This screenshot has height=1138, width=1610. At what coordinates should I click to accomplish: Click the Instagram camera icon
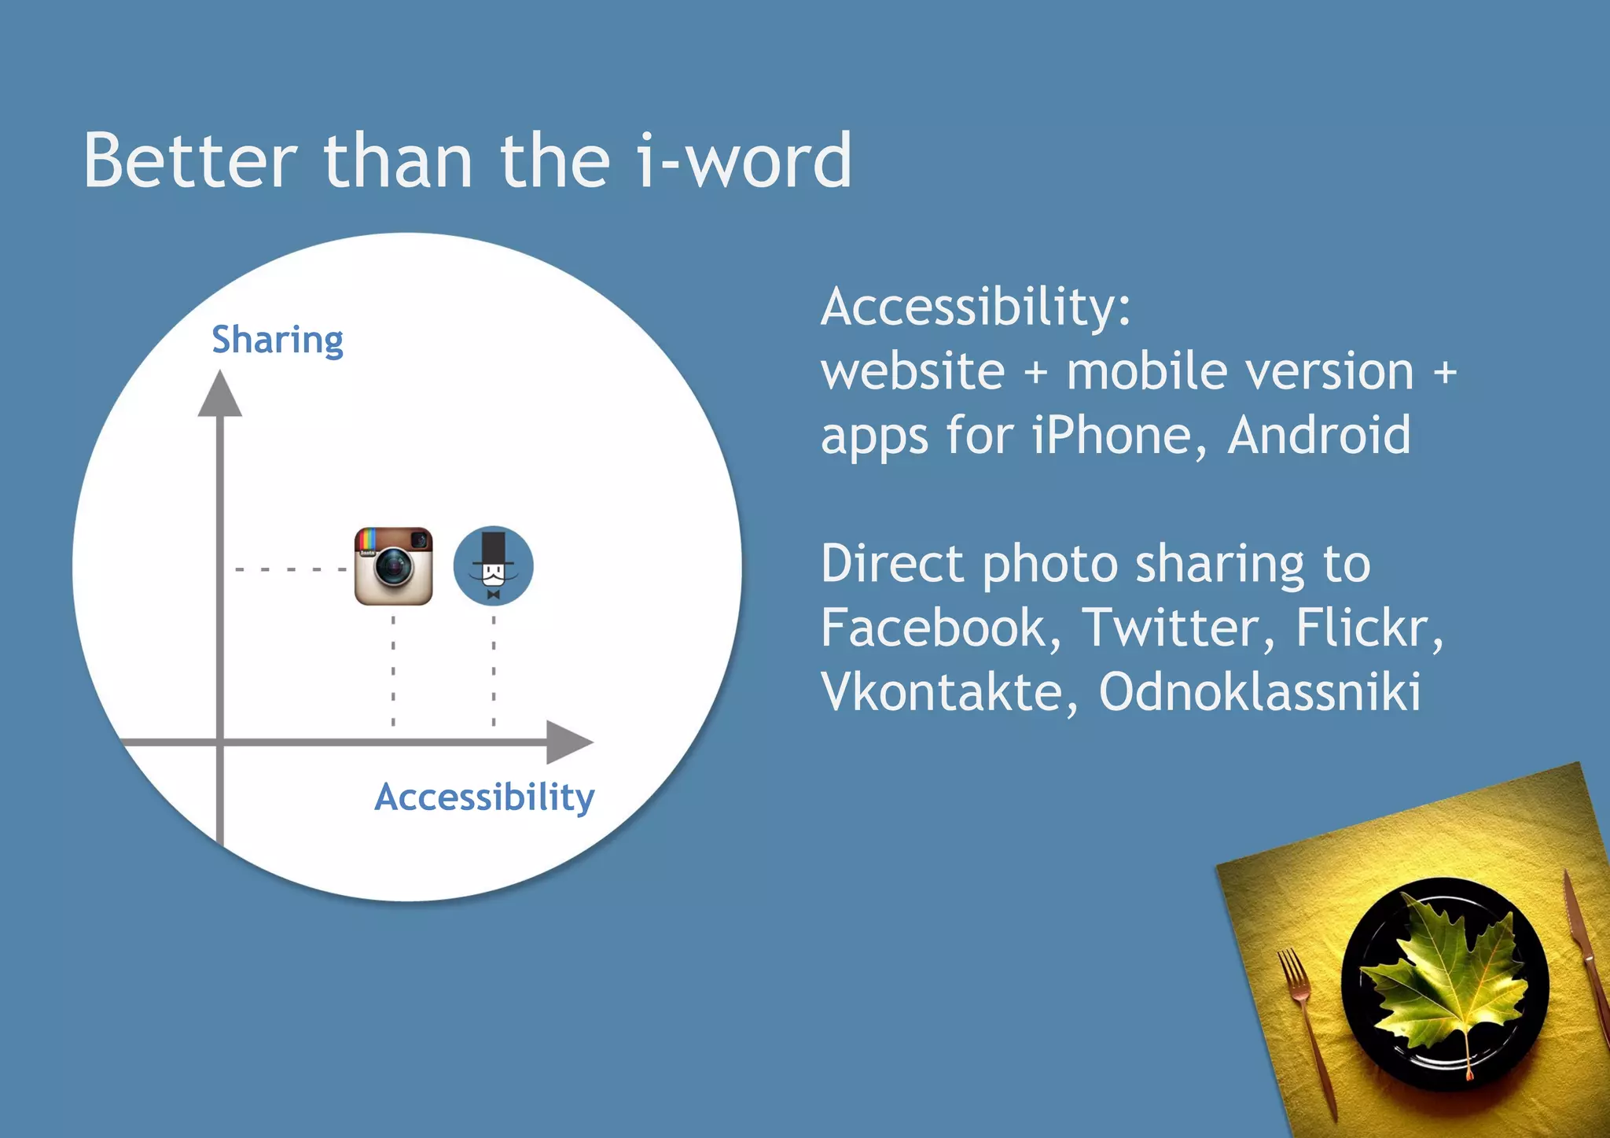tap(393, 566)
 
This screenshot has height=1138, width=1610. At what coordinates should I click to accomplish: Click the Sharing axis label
tap(278, 340)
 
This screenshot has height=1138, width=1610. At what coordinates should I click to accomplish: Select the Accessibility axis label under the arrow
tap(484, 797)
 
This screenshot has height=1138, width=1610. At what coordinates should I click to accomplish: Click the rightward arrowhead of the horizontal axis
tap(569, 742)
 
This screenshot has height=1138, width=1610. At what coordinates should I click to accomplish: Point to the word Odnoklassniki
tap(1259, 692)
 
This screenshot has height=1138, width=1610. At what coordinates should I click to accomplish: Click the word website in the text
tap(913, 371)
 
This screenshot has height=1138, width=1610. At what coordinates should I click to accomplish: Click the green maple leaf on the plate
tap(1443, 983)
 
